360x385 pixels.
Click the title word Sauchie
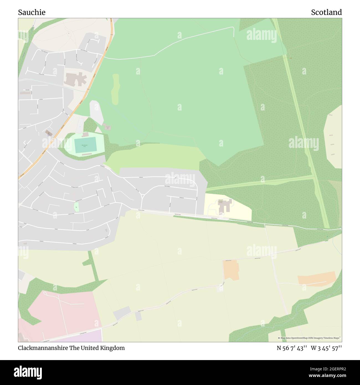click(x=32, y=12)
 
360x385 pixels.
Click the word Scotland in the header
click(x=326, y=12)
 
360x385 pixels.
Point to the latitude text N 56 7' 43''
click(x=292, y=348)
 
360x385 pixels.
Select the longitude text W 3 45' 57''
click(x=326, y=348)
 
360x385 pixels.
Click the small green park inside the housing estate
click(x=76, y=207)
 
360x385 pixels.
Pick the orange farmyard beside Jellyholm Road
click(x=231, y=270)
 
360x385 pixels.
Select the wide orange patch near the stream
click(x=317, y=279)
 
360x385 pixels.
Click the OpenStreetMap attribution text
click(x=310, y=338)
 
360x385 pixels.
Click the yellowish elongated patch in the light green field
click(x=115, y=89)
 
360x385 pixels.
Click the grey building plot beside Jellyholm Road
click(x=122, y=313)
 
